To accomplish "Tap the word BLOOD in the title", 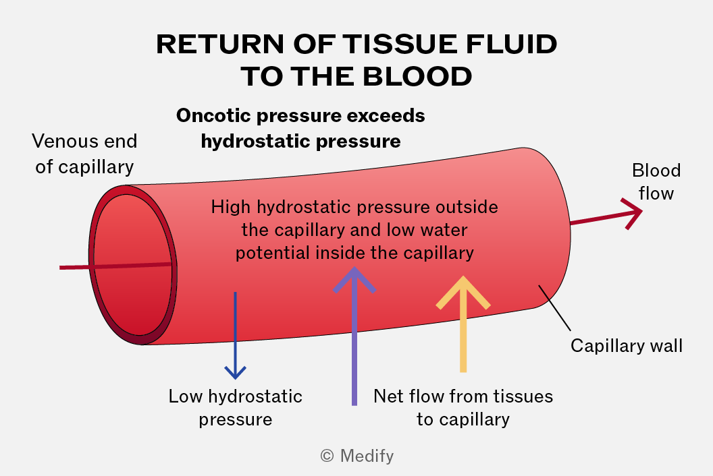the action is [417, 76].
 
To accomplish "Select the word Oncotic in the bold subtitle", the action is [213, 115].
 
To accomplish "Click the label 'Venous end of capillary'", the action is [84, 154].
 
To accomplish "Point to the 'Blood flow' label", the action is [656, 181].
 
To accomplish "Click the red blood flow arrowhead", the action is [633, 212].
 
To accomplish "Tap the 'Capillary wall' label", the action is [627, 346].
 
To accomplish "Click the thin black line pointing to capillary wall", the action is [554, 307].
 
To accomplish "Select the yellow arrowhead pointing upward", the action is [463, 293].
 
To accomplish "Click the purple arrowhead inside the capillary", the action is [354, 280].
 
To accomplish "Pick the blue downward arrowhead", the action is [236, 372].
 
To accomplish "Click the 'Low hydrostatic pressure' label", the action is [236, 407].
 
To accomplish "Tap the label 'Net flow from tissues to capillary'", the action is [463, 407].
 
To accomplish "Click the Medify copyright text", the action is [357, 456].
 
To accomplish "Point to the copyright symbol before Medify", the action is [327, 456].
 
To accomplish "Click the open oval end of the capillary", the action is [132, 265].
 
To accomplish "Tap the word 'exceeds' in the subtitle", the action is [386, 115].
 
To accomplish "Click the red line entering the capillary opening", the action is [115, 266].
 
